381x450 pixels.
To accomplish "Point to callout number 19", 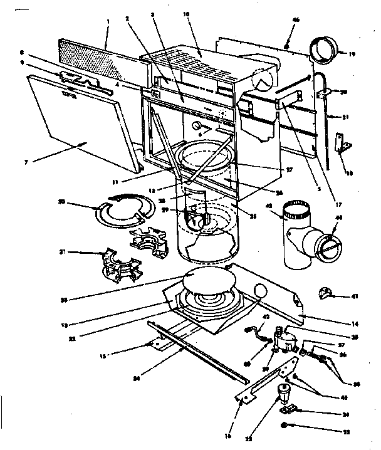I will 352,55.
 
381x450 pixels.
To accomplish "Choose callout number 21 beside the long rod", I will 345,117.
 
